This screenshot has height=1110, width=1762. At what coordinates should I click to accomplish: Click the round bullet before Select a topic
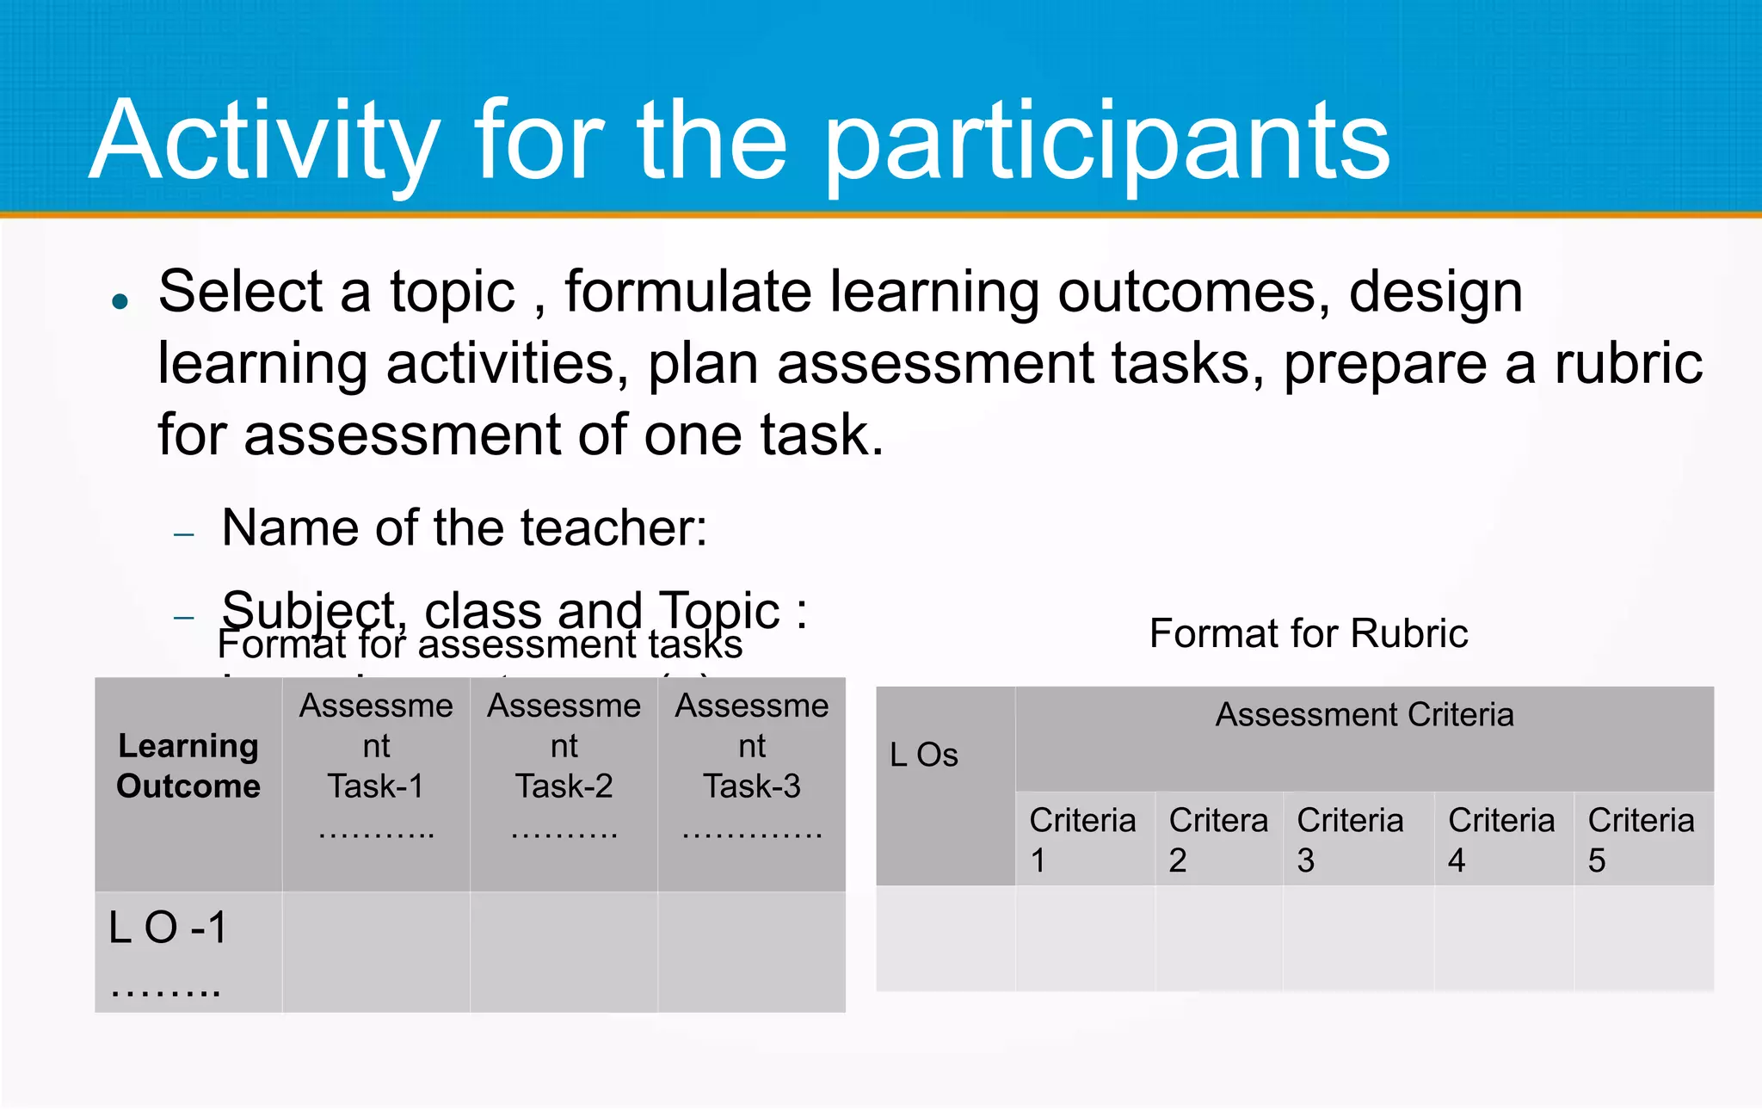click(x=120, y=301)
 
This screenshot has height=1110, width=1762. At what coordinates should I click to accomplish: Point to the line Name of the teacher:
click(x=464, y=527)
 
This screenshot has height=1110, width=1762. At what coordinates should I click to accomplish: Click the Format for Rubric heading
click(x=1308, y=634)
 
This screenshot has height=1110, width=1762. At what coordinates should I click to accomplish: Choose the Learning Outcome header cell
click(x=188, y=766)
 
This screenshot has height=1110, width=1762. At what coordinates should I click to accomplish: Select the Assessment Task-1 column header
click(x=376, y=766)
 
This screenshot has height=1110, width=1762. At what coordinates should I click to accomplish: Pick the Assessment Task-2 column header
click(x=564, y=766)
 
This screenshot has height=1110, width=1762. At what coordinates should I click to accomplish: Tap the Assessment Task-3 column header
click(x=751, y=766)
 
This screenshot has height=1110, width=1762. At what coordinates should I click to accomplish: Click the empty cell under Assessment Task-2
click(x=564, y=951)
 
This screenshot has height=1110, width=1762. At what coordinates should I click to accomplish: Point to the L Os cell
click(x=924, y=755)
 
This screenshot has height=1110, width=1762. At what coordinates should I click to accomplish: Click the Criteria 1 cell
click(x=1082, y=840)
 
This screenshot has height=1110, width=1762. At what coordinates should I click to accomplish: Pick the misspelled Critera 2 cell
click(x=1217, y=840)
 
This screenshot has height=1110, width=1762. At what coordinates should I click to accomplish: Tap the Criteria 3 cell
click(x=1350, y=840)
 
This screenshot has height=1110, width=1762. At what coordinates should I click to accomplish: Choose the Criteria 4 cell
click(x=1500, y=840)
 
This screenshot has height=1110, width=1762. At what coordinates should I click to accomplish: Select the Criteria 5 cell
click(x=1641, y=840)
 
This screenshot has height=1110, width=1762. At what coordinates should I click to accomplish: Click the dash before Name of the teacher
click(x=184, y=534)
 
